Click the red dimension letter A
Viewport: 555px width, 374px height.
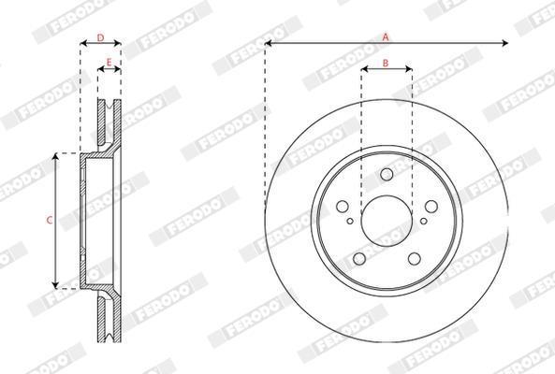[x=386, y=36]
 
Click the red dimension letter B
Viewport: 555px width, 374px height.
[x=386, y=64]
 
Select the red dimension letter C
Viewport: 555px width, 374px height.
[x=50, y=221]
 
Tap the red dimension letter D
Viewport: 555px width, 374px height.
[x=100, y=37]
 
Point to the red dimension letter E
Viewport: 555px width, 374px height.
[x=109, y=63]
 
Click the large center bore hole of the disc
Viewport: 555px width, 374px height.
[x=387, y=221]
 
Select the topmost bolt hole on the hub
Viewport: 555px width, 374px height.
[x=387, y=174]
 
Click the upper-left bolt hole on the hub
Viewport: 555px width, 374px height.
[x=343, y=207]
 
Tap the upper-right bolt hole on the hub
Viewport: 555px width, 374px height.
[x=431, y=207]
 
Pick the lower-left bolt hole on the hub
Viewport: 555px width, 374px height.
[x=359, y=258]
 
